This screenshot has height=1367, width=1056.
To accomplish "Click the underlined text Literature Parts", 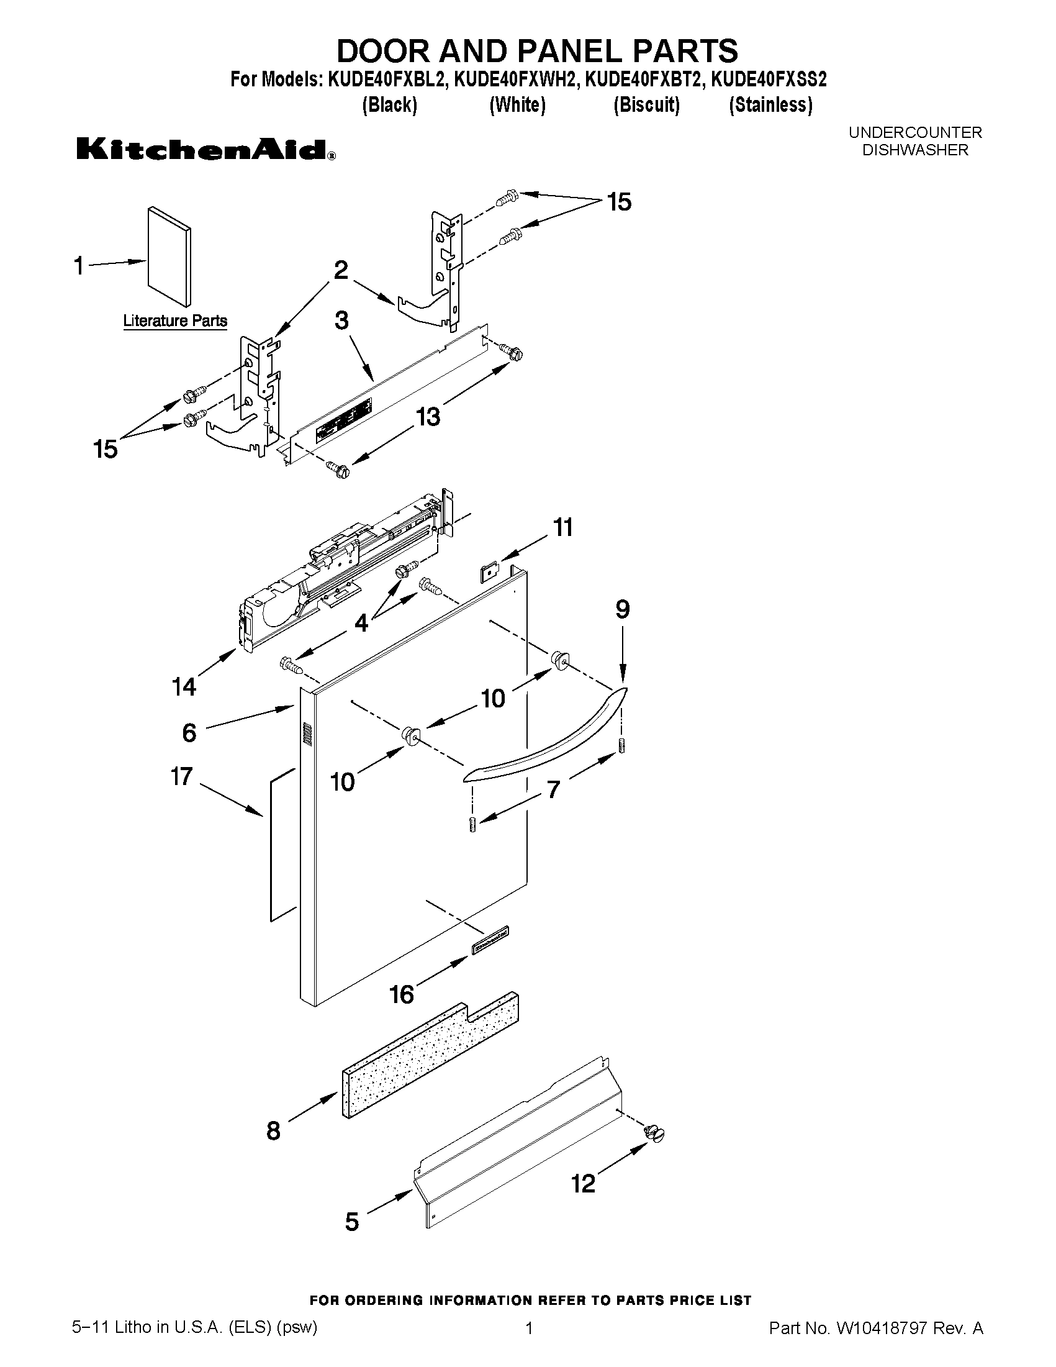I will [175, 321].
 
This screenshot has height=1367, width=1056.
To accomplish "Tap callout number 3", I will [341, 320].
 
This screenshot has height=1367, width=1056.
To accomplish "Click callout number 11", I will [563, 527].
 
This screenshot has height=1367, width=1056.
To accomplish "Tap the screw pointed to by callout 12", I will [654, 1133].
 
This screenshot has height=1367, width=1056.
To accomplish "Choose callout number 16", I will [402, 994].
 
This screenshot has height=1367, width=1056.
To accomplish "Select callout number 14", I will [184, 687].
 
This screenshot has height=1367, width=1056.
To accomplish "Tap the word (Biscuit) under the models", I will [646, 104].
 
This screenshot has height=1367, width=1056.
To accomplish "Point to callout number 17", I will [181, 777].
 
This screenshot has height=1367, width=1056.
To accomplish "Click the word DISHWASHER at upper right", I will [914, 150].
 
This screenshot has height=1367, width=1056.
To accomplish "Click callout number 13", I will [428, 416].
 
